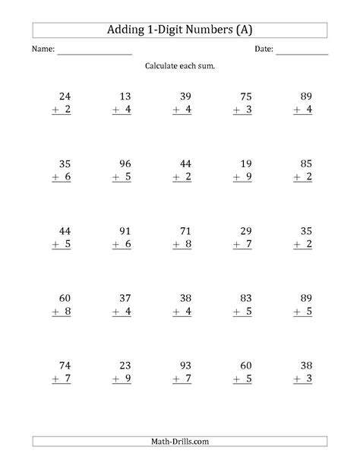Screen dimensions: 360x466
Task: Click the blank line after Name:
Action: coord(94,52)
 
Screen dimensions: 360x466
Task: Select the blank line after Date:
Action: coord(302,52)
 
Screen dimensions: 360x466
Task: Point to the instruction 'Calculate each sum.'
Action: coord(179,67)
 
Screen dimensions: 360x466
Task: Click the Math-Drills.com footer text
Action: coord(180,442)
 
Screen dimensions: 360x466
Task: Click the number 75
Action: coord(246,97)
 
